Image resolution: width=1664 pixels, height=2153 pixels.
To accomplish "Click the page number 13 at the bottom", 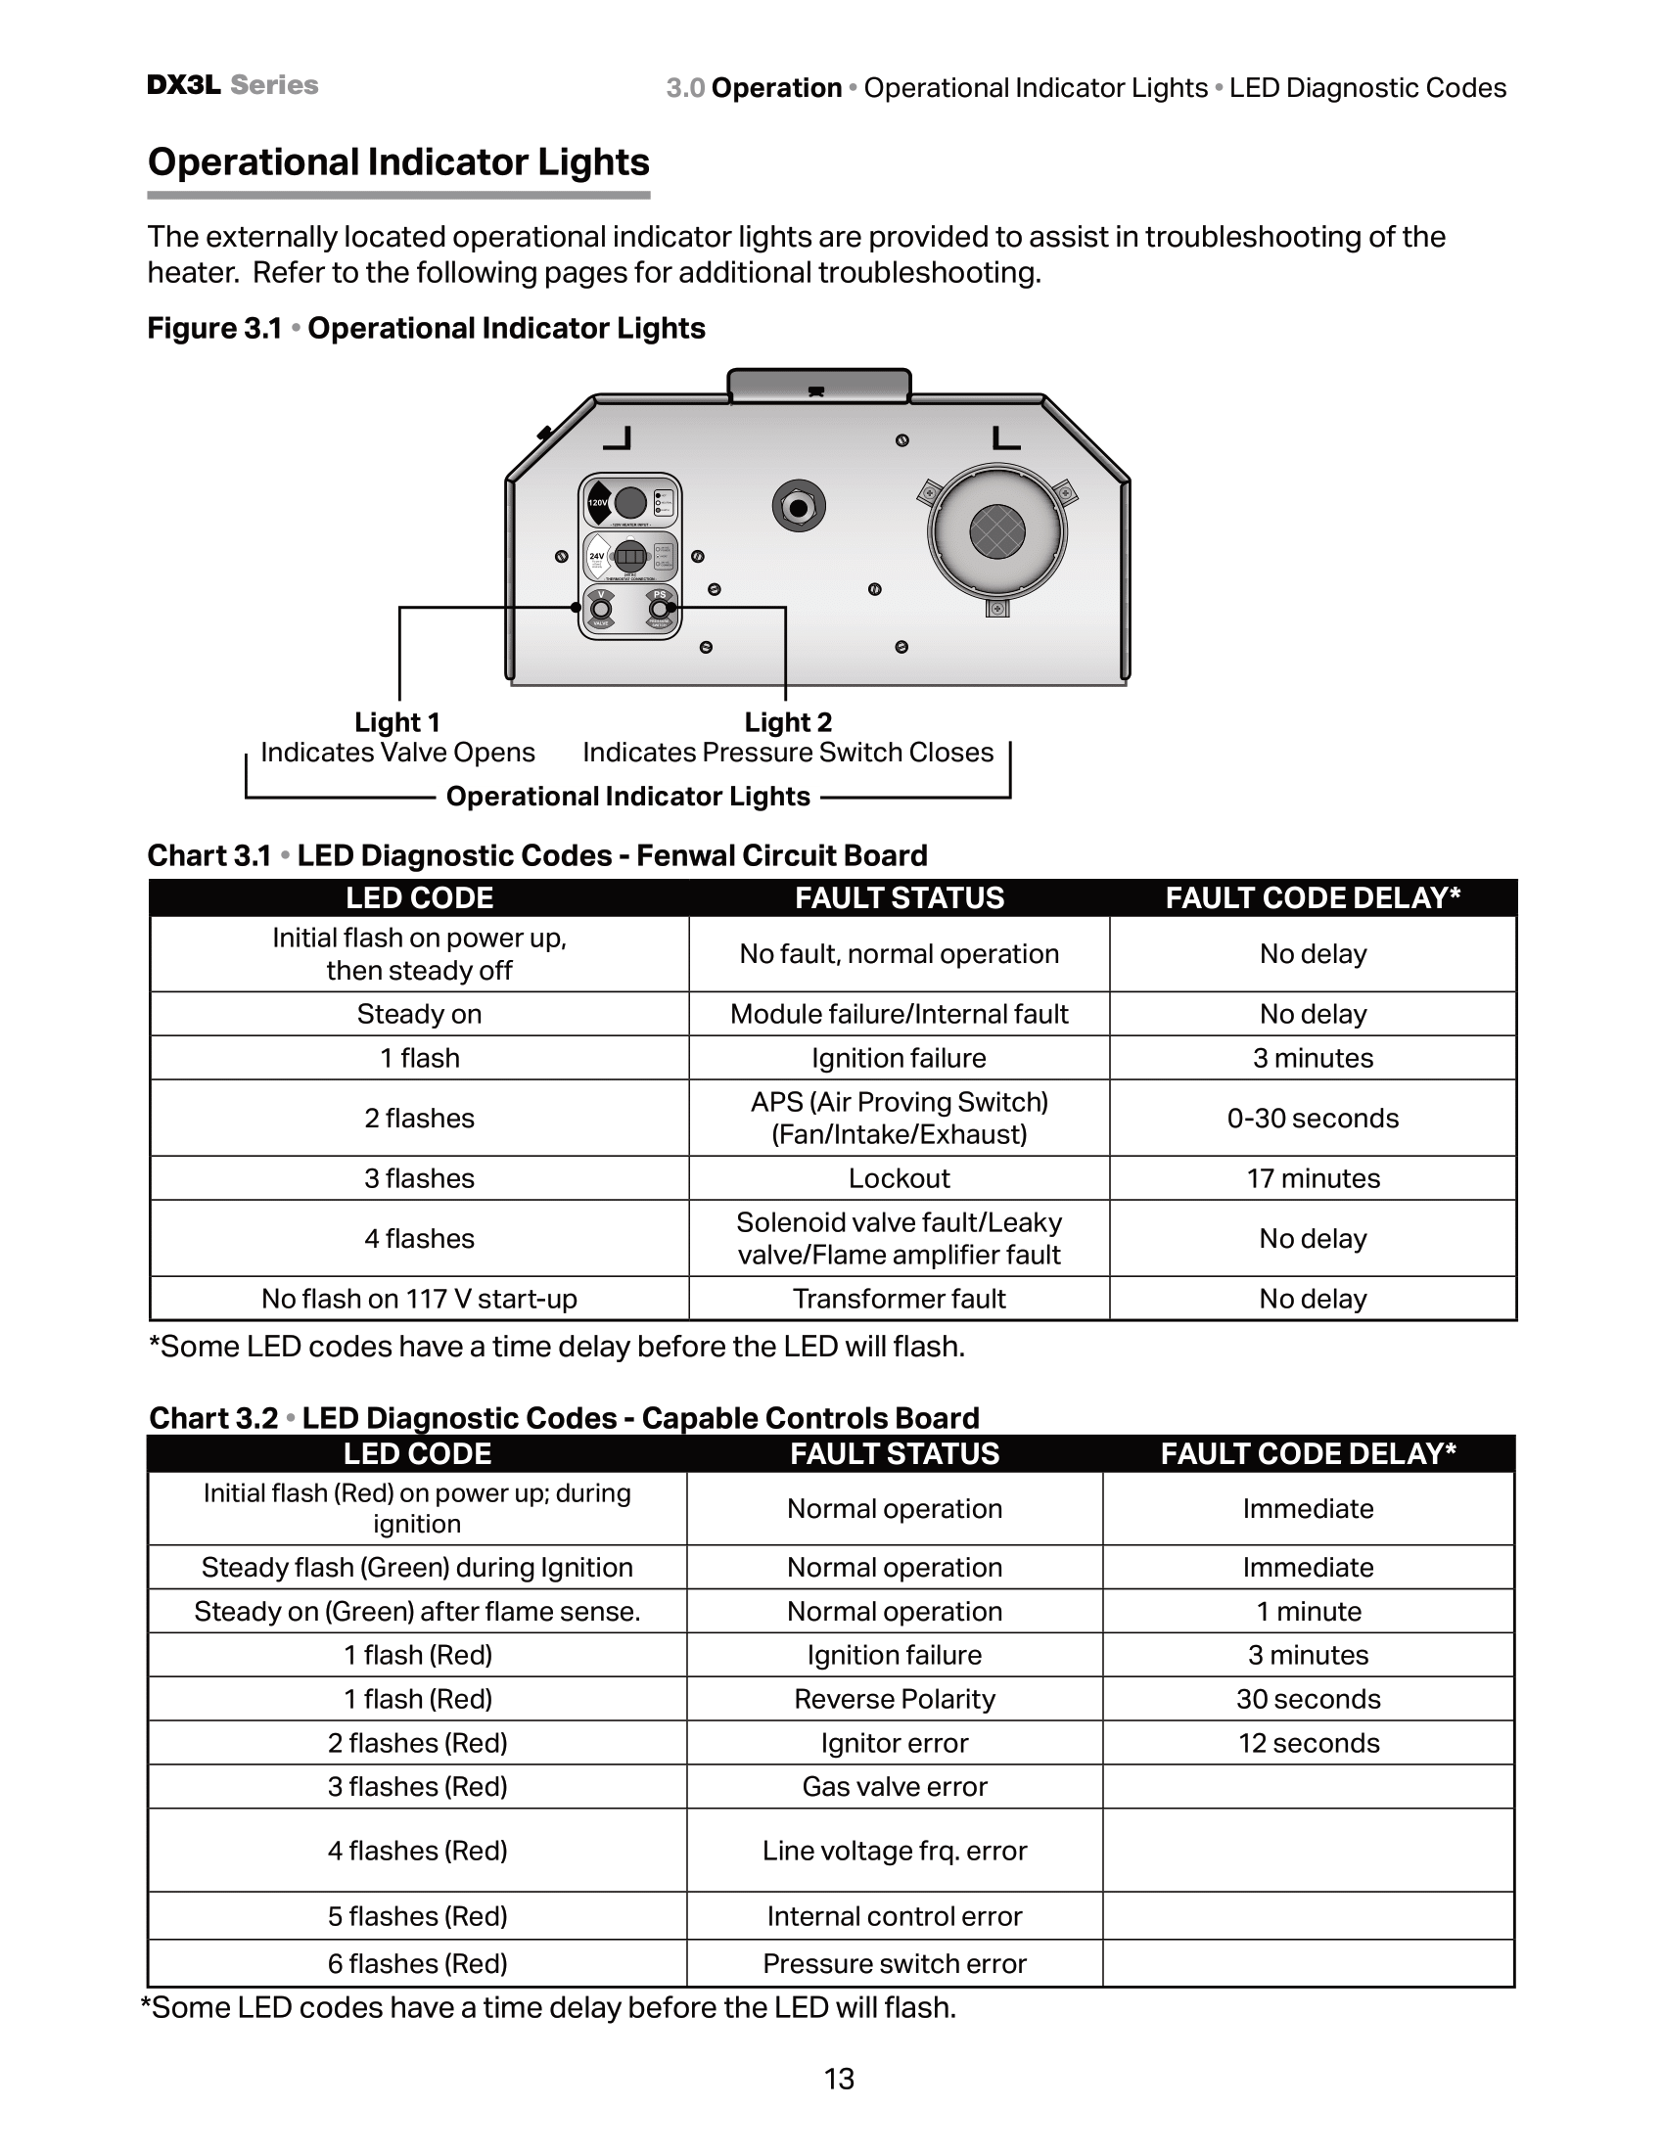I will (839, 2079).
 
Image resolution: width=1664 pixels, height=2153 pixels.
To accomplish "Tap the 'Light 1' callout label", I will (397, 722).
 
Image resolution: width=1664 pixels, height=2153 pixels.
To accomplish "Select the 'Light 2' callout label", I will (788, 722).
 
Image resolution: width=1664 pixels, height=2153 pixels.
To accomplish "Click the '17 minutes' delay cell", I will (1313, 1178).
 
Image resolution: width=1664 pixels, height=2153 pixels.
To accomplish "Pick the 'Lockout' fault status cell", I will (899, 1178).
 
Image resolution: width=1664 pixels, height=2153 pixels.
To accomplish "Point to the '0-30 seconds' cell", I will (1313, 1118).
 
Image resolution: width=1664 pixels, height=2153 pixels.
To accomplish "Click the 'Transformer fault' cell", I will (899, 1299).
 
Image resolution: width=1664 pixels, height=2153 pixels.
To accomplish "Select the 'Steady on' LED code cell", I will (419, 1015).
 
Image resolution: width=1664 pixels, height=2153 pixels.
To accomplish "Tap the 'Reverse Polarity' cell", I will (894, 1699).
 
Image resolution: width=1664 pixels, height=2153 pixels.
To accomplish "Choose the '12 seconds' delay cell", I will (1308, 1743).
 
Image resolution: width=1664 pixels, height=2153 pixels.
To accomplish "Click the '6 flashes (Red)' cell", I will (417, 1964).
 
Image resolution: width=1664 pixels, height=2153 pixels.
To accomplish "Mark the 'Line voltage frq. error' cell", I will (894, 1851).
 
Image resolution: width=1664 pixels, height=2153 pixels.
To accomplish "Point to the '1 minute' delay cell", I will (1308, 1611).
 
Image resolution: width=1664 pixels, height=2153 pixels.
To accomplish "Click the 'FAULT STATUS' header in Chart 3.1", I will (899, 898).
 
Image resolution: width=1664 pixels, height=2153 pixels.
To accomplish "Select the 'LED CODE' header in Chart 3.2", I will (417, 1453).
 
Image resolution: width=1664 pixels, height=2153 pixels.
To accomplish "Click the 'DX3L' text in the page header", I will (183, 85).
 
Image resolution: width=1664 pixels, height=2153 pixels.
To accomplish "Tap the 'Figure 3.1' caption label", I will (214, 328).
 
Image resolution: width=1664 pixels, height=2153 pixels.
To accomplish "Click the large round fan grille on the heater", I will (996, 532).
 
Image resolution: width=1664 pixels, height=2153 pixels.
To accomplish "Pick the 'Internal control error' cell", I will (894, 1915).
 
